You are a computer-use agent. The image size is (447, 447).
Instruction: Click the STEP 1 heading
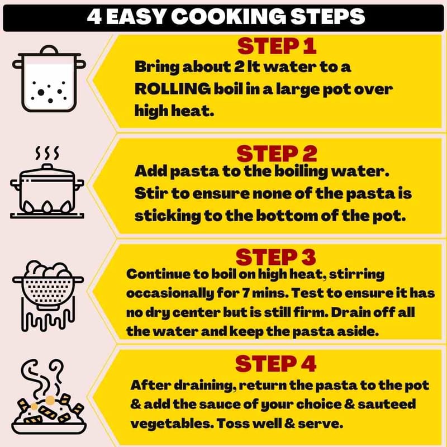click(x=277, y=46)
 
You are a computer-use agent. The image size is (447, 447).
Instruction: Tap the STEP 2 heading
click(x=277, y=154)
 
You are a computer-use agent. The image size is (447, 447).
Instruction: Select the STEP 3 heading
click(x=275, y=257)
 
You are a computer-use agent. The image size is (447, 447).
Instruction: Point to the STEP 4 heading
click(x=275, y=364)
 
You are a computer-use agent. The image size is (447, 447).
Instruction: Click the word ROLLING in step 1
click(x=173, y=89)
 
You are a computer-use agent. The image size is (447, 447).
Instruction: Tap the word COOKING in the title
click(x=229, y=16)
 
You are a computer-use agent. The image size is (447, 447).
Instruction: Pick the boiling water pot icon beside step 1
click(x=49, y=78)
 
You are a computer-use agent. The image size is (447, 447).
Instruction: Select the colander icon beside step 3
click(x=48, y=296)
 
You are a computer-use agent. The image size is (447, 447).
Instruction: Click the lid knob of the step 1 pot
click(x=49, y=50)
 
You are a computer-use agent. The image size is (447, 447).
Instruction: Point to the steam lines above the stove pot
click(x=47, y=153)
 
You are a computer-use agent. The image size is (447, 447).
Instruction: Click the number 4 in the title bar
click(x=94, y=17)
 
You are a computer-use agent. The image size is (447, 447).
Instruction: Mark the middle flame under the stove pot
click(x=47, y=207)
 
